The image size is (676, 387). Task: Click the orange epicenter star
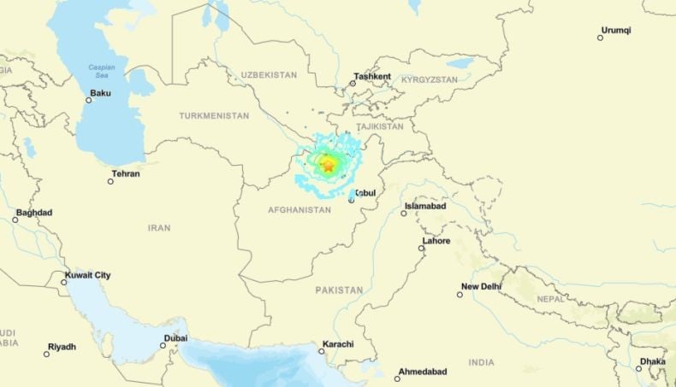click(x=329, y=167)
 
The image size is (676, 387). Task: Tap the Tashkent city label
click(x=374, y=77)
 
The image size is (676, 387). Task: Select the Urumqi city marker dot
click(x=601, y=38)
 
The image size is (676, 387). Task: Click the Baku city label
click(x=101, y=93)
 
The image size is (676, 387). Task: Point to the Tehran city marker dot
click(x=111, y=181)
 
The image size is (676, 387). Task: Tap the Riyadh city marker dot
click(x=47, y=354)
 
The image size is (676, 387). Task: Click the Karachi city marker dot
click(x=322, y=351)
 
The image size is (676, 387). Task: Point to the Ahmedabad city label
click(x=425, y=372)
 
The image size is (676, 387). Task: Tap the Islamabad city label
click(x=426, y=207)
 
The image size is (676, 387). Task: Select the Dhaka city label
click(x=653, y=361)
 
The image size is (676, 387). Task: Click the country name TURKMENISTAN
click(x=214, y=115)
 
